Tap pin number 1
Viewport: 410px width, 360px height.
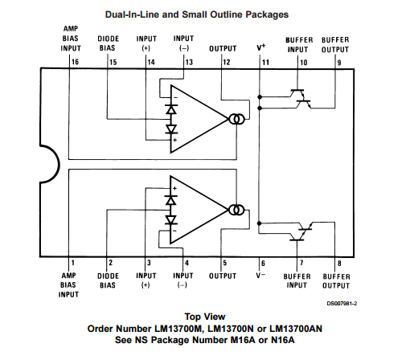click(73, 262)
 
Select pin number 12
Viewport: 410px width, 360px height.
click(227, 61)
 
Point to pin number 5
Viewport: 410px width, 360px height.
click(223, 262)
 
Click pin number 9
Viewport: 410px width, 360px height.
click(338, 61)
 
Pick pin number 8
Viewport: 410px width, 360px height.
click(338, 262)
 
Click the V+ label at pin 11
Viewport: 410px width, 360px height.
click(261, 47)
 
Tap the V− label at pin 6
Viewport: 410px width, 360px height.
click(262, 275)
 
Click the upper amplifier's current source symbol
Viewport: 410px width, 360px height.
click(236, 120)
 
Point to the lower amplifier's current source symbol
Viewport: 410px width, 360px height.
click(236, 211)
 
